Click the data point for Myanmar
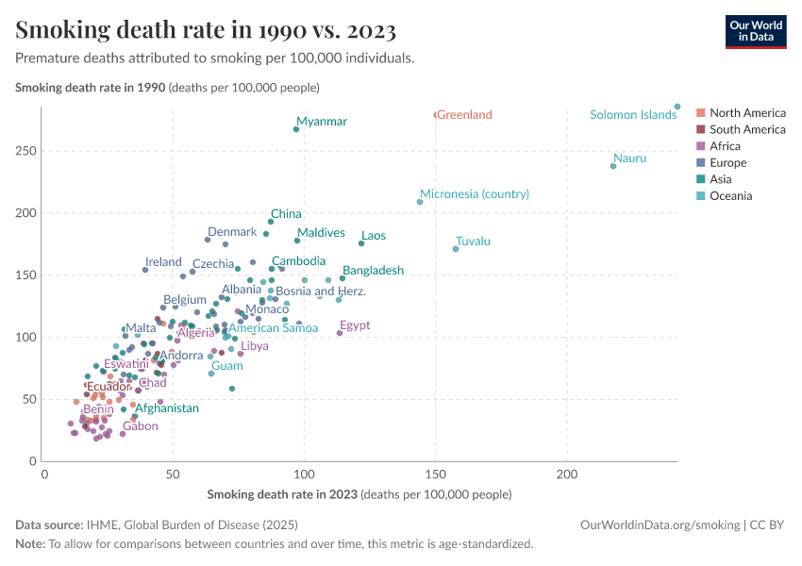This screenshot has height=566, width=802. click(x=296, y=129)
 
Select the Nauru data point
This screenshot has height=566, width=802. click(x=613, y=166)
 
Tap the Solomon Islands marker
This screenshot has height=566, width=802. click(x=677, y=107)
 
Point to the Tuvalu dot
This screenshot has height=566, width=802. click(x=456, y=249)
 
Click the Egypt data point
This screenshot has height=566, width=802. click(x=340, y=333)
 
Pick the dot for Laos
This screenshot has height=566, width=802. click(x=361, y=243)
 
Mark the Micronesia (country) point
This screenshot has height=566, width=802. click(x=420, y=202)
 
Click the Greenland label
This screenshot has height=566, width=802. click(x=464, y=114)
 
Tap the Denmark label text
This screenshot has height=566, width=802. click(x=232, y=232)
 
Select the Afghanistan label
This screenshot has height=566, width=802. click(x=167, y=408)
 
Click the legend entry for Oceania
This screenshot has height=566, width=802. click(x=725, y=196)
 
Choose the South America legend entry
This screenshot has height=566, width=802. click(x=741, y=129)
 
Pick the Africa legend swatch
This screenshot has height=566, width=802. click(x=701, y=145)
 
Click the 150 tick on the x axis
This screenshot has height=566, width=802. click(x=435, y=474)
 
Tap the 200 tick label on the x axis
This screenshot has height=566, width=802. click(x=567, y=474)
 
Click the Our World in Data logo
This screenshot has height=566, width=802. click(x=756, y=32)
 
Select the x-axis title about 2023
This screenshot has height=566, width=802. click(x=359, y=494)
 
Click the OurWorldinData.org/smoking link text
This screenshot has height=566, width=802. click(x=660, y=525)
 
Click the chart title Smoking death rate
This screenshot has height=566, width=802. click(x=206, y=29)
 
